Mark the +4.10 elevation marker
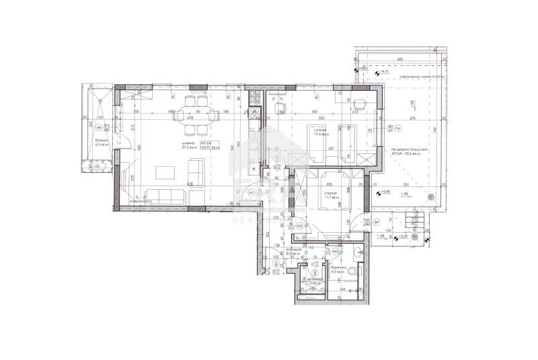[384, 71]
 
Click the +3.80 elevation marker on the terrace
[385, 192]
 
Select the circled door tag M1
[252, 192]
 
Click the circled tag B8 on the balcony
[98, 127]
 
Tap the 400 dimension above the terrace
[399, 60]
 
